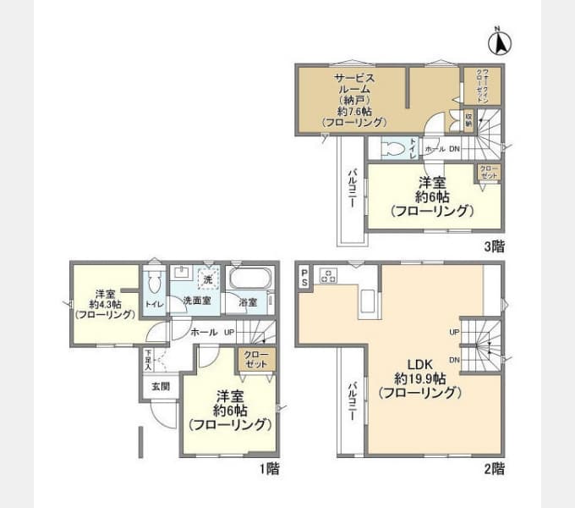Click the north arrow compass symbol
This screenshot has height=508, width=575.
[499, 41]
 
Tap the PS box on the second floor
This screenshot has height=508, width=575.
[304, 276]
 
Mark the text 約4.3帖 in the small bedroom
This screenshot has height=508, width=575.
[104, 303]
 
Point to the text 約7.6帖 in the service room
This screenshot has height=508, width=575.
[353, 112]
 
